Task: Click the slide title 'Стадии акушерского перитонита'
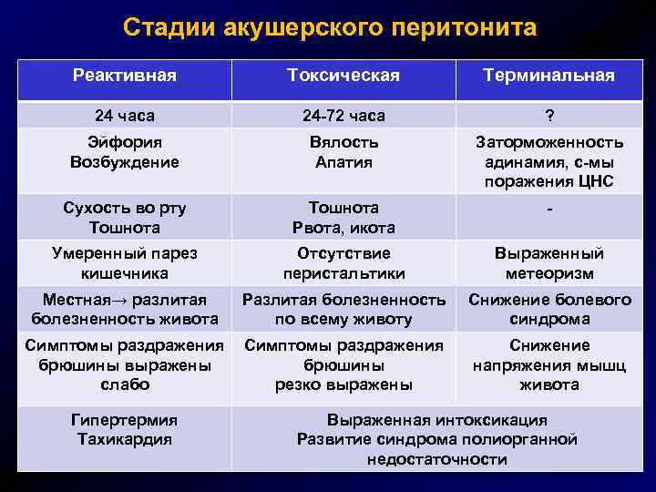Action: coord(329,28)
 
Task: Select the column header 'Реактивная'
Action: coord(124,76)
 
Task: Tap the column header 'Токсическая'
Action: coord(343,76)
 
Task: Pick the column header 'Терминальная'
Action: coord(548,76)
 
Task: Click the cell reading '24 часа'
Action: coord(124,116)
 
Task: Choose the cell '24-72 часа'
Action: coord(343,116)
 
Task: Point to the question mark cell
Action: coord(548,116)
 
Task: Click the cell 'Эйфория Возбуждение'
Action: coord(124,152)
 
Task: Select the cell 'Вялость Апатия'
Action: coord(343,152)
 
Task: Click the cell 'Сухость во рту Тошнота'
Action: coord(124,218)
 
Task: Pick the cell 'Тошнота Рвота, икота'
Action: coord(343,218)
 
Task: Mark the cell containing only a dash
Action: coord(548,210)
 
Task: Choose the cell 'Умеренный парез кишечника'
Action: coord(124,263)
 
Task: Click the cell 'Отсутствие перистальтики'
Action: coord(343,263)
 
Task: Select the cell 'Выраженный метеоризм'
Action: coord(548,263)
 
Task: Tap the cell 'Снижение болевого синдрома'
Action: coord(548,310)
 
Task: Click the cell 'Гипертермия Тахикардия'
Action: coord(124,429)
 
